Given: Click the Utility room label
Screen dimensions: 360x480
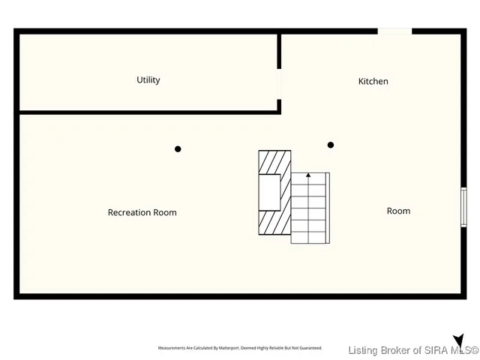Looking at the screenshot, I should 148,80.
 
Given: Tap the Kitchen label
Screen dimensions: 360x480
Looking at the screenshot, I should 373,81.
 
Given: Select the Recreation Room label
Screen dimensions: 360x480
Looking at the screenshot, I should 142,212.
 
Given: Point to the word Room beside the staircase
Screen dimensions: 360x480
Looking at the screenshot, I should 398,211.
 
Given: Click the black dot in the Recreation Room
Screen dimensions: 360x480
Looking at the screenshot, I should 178,148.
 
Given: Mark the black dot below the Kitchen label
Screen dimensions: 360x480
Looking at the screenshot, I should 331,145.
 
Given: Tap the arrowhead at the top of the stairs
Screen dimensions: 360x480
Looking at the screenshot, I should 308,175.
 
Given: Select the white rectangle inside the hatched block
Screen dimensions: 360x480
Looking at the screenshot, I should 270,192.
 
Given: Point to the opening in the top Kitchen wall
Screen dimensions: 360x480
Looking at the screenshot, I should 394,31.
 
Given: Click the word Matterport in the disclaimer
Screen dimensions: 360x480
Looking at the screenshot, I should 226,348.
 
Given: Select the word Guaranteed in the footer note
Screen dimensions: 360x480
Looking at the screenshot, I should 307,348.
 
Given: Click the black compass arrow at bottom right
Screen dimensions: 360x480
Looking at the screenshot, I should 458,341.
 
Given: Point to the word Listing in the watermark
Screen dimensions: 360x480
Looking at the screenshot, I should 365,349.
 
